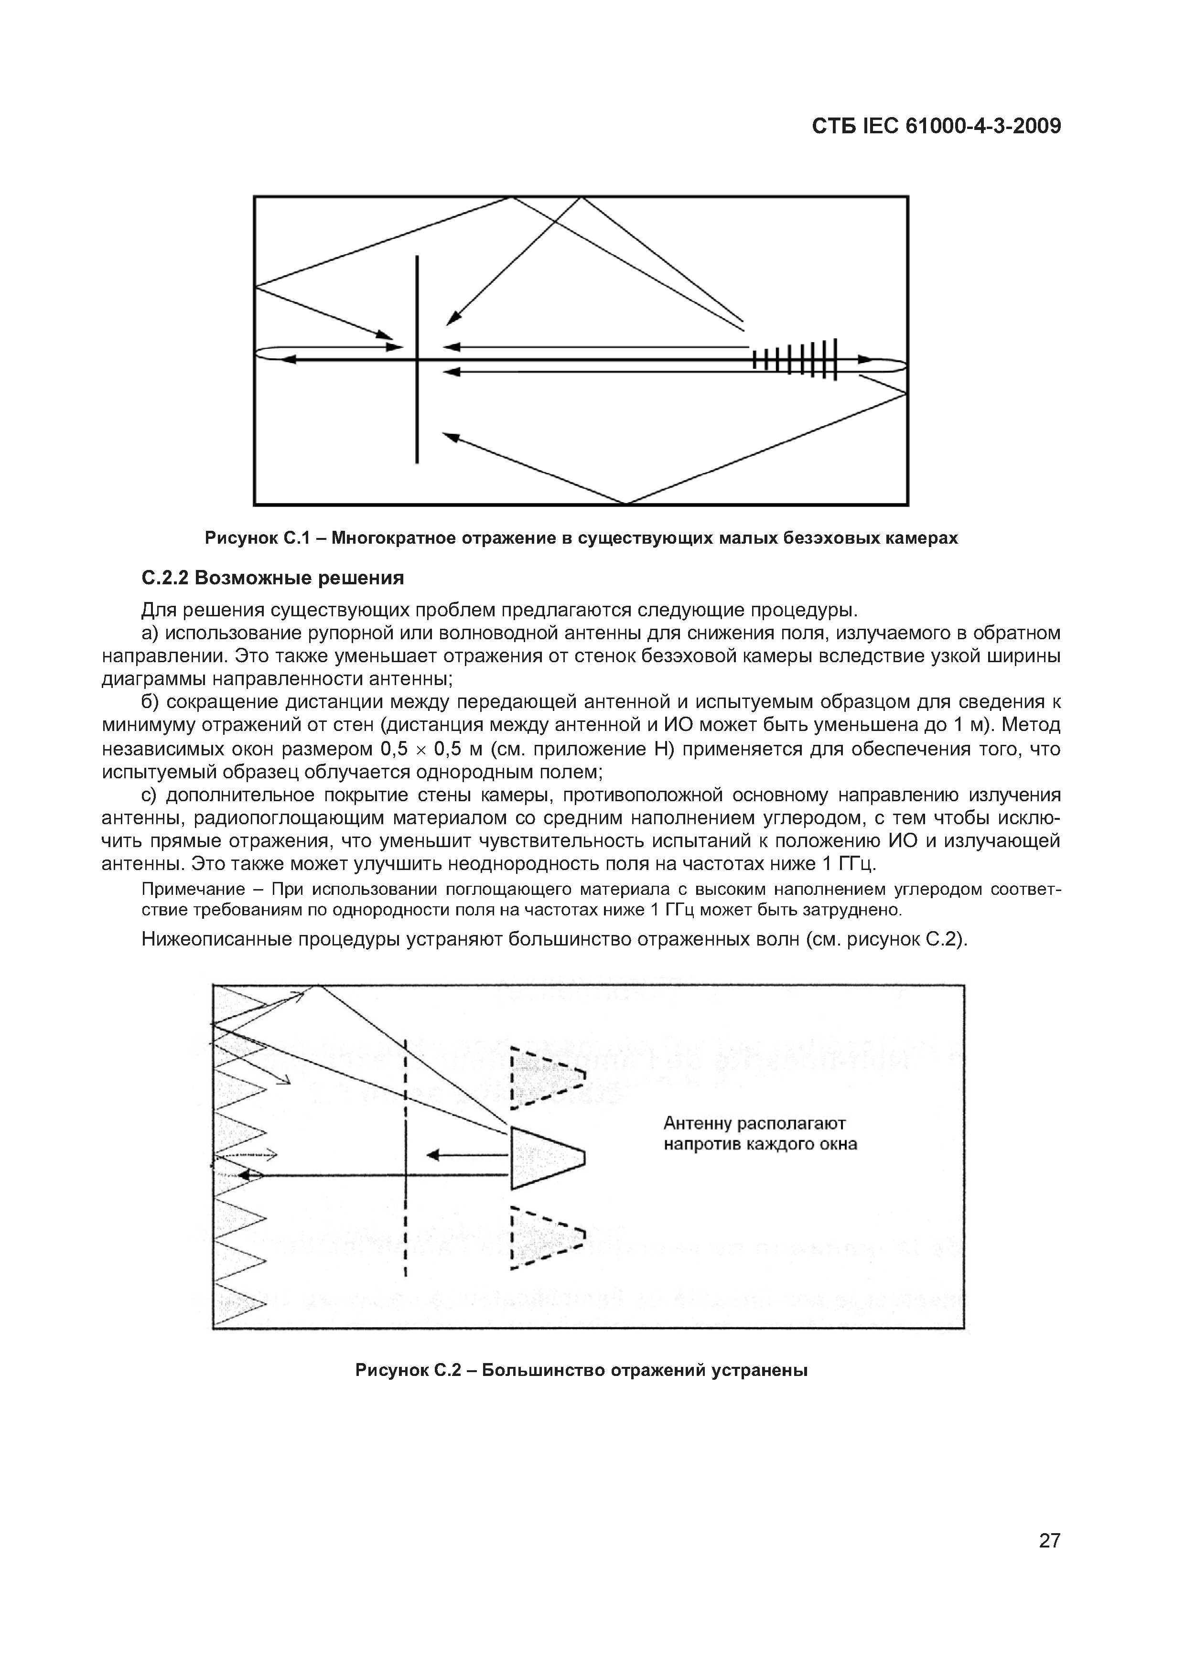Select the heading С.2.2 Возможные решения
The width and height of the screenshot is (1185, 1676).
point(272,578)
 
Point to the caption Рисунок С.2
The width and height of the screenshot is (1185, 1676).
point(581,1370)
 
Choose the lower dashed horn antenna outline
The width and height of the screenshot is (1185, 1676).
point(548,1238)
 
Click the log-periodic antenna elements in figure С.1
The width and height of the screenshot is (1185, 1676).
point(796,359)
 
